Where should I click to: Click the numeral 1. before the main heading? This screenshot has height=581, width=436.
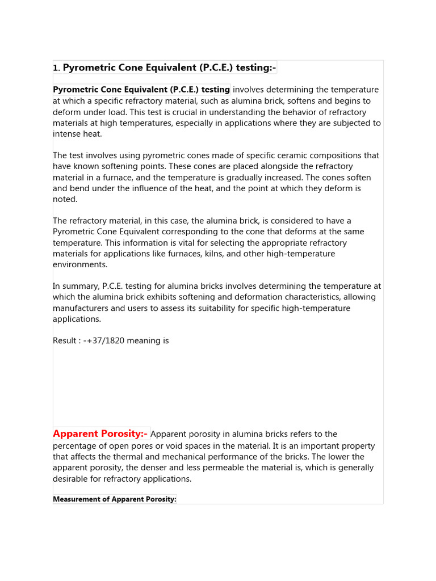[x=56, y=68]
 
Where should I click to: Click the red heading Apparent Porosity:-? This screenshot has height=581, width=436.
[x=100, y=434]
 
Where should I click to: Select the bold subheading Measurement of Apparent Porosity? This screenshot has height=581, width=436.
[x=115, y=499]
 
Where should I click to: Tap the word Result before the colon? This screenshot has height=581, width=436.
[x=64, y=341]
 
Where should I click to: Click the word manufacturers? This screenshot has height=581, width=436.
[x=81, y=308]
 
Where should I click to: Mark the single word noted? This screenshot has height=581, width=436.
[x=65, y=199]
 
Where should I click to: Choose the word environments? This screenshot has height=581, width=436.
[x=80, y=264]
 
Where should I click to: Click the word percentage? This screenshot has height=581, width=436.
[x=77, y=446]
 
